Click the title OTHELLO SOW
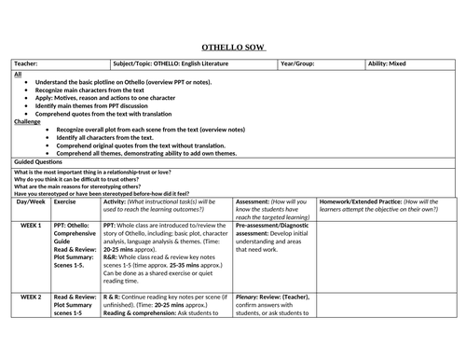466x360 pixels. (x=232, y=47)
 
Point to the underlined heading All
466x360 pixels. (x=18, y=74)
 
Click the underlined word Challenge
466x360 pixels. (x=28, y=121)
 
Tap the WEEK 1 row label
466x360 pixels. (x=34, y=226)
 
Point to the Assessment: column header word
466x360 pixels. (x=253, y=201)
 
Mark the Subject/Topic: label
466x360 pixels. (x=135, y=64)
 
